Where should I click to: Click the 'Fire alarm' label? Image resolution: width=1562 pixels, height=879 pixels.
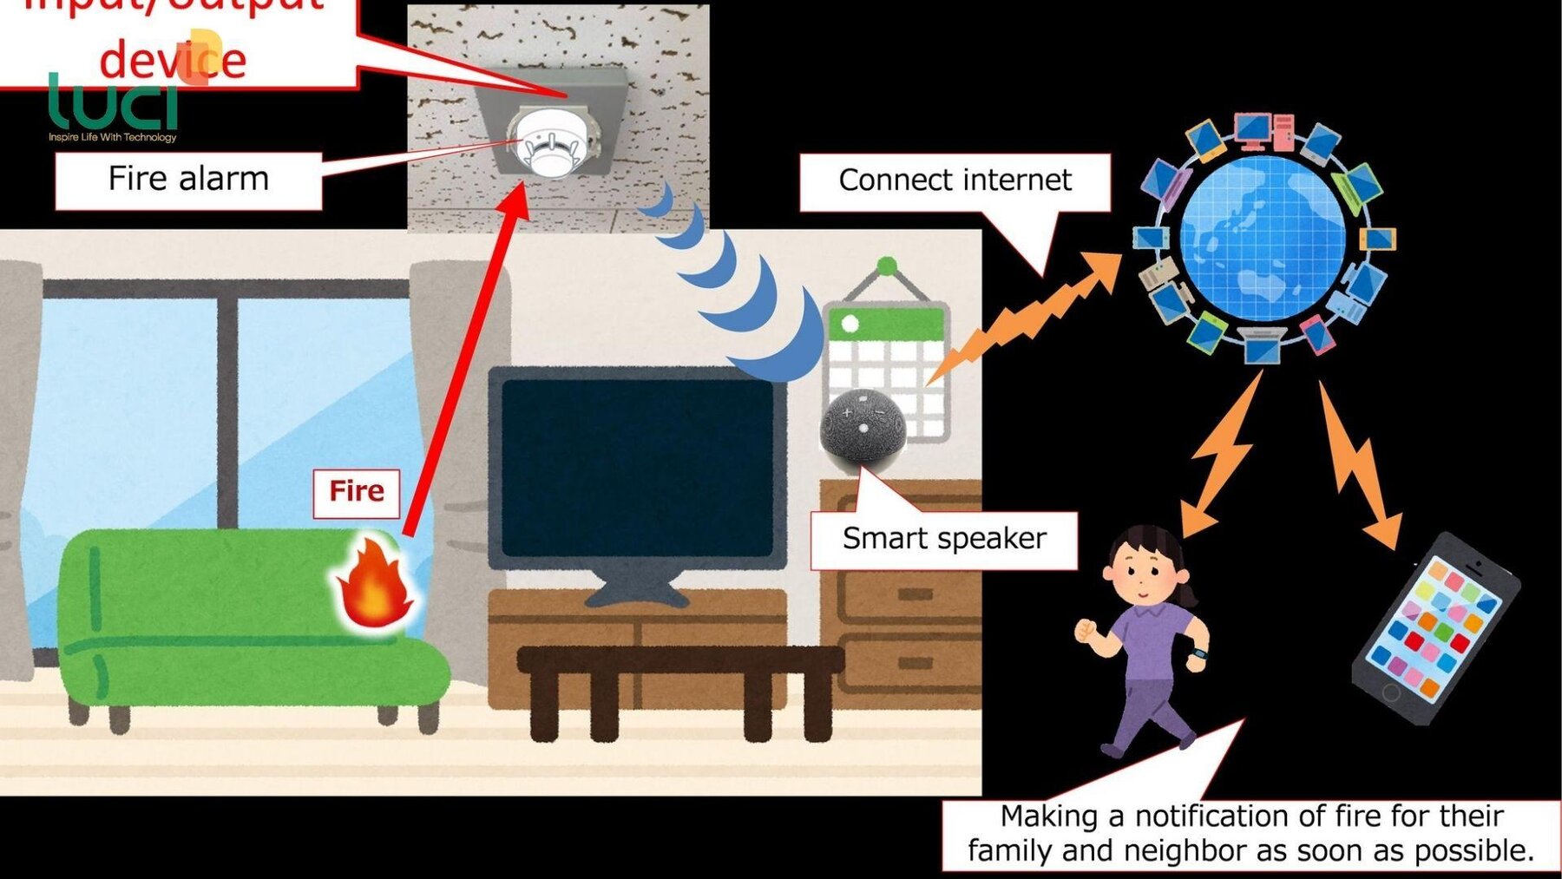pos(188,179)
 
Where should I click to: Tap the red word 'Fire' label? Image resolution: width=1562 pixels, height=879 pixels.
pos(357,491)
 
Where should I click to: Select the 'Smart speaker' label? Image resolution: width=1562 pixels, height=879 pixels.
pos(944,539)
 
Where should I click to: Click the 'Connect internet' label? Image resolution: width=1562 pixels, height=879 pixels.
pos(955,180)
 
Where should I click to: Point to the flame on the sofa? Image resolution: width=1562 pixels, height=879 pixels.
pos(375,583)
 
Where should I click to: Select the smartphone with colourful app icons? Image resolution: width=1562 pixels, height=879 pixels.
pos(1436,629)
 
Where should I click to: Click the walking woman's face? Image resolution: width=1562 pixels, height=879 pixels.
pos(1142,574)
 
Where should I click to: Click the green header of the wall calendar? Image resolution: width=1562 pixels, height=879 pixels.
pos(885,325)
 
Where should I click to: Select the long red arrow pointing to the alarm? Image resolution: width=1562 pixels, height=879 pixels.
pos(465,364)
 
